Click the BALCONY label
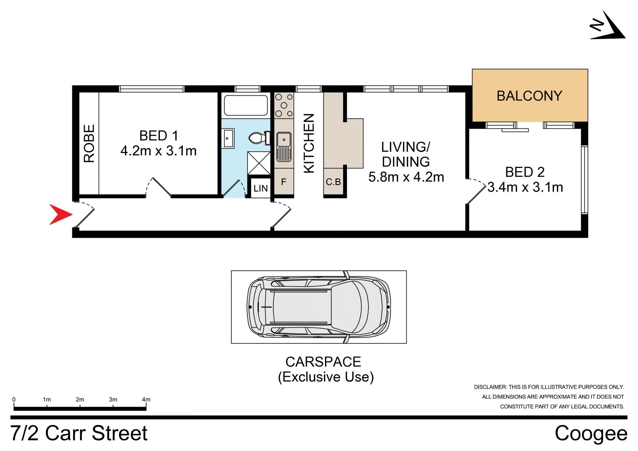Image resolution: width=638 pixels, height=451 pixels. (x=529, y=96)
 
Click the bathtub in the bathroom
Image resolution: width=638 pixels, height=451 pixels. (x=246, y=105)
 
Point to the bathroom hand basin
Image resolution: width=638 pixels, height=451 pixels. (x=228, y=138)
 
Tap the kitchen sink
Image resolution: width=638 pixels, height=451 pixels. (x=284, y=147)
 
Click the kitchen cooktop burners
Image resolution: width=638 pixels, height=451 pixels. (x=284, y=105)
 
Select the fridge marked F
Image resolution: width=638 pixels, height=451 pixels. (x=284, y=182)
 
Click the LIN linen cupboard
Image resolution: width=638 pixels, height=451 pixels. (x=261, y=188)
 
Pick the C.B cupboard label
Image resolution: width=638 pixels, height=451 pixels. (x=333, y=182)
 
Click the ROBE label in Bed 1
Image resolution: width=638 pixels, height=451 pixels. (x=89, y=143)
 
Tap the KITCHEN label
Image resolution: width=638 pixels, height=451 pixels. (x=309, y=143)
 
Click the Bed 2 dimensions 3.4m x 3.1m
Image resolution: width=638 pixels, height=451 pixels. (x=525, y=187)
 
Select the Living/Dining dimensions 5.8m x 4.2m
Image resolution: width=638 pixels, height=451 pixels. (x=406, y=177)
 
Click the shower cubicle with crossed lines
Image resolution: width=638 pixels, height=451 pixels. (x=259, y=163)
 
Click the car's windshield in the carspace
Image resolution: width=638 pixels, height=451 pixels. (x=352, y=307)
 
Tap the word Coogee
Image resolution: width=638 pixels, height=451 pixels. (x=591, y=433)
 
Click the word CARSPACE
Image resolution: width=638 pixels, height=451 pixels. (x=323, y=362)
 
